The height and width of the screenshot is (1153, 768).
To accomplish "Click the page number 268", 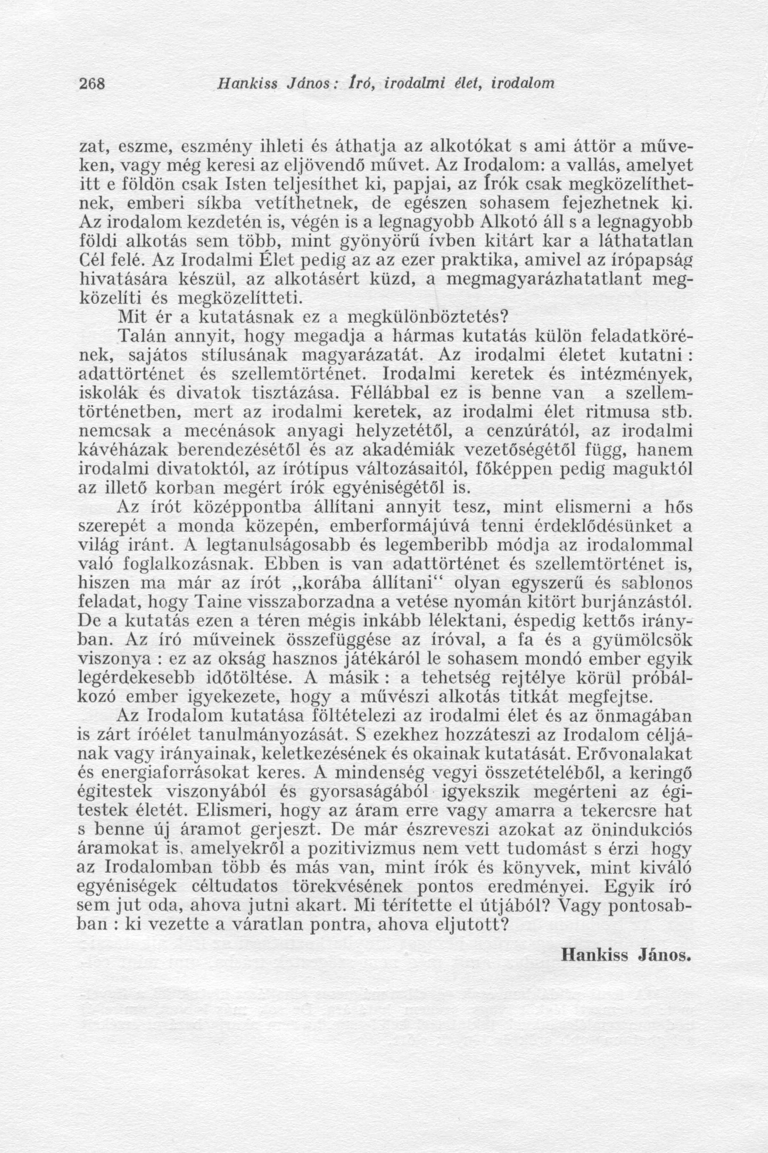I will click(93, 83).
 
